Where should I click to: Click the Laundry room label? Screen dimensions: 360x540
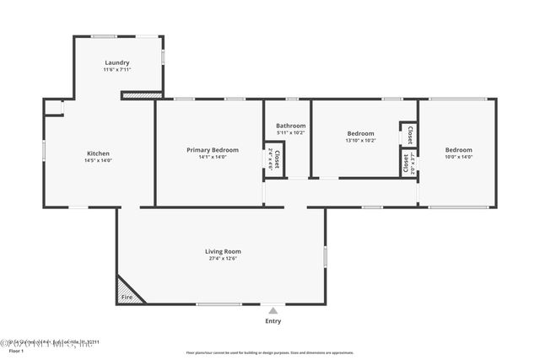(116, 63)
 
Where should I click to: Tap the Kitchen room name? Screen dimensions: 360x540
(98, 153)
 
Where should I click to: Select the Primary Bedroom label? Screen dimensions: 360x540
(212, 150)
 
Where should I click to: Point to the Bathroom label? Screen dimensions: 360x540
(290, 126)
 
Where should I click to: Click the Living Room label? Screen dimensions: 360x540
(223, 251)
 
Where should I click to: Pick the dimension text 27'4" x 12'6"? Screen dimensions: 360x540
(223, 259)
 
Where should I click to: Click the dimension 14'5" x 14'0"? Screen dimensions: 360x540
(98, 160)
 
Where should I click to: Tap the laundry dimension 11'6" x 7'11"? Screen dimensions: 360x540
(116, 70)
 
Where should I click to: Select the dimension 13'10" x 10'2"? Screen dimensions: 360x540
(360, 140)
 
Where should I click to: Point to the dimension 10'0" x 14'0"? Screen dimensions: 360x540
(459, 157)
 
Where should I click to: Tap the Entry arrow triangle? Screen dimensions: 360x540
(273, 311)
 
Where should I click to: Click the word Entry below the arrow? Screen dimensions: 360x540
(273, 320)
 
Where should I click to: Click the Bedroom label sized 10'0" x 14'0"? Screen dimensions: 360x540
(459, 150)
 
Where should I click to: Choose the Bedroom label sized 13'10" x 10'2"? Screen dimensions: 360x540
(360, 133)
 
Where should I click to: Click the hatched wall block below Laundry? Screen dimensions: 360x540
(142, 95)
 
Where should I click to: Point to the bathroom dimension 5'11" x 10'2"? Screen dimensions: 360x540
(290, 132)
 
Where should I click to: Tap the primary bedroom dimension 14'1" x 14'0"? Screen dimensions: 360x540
(212, 157)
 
